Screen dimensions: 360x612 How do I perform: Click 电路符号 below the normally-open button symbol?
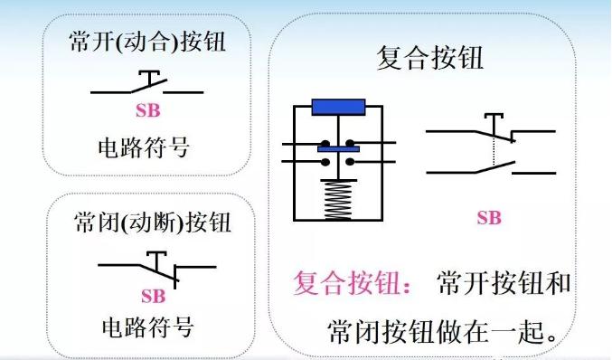[148, 146]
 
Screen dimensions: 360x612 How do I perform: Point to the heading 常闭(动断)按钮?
[150, 222]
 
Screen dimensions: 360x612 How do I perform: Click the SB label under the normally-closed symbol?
[153, 296]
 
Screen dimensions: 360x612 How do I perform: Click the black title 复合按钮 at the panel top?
[429, 59]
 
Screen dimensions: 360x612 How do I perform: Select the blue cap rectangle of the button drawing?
[337, 107]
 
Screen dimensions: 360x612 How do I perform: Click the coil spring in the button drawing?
[337, 198]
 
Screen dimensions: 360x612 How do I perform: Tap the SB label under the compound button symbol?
[488, 217]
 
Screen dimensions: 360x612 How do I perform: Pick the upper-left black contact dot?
[325, 142]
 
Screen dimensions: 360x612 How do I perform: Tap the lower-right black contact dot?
[351, 163]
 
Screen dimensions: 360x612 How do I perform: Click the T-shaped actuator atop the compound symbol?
[493, 118]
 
